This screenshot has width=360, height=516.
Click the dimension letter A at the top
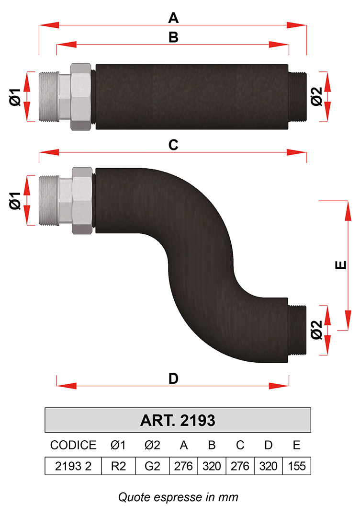click(x=173, y=18)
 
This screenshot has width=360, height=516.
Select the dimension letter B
click(x=173, y=37)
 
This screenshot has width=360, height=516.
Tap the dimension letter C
click(x=173, y=145)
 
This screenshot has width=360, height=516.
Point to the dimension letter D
click(x=173, y=379)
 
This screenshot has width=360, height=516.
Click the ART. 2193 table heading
click(x=178, y=420)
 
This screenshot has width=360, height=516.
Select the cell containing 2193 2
click(x=73, y=466)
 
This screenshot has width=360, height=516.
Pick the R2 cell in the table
click(x=118, y=466)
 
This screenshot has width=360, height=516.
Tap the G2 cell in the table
click(x=152, y=466)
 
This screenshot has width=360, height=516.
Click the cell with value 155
click(x=296, y=466)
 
